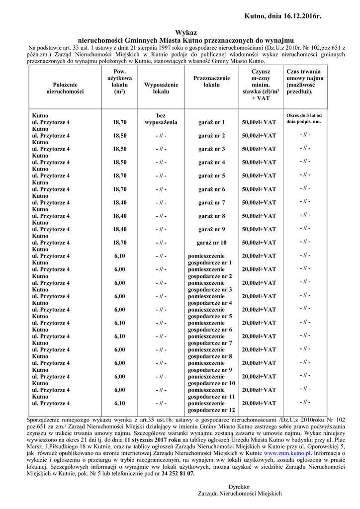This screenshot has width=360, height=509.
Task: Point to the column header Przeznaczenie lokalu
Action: (211, 82)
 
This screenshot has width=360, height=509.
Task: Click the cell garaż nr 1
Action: (212, 122)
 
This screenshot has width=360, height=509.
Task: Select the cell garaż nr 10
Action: (212, 243)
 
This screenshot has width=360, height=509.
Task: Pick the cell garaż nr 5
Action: (212, 175)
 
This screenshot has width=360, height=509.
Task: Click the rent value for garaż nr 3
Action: (259, 149)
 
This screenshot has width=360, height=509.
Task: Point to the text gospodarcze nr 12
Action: (211, 410)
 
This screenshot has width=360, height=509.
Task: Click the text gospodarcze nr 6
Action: (210, 330)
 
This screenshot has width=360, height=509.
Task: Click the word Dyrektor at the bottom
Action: (239, 487)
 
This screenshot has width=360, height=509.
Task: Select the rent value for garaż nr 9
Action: (259, 229)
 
